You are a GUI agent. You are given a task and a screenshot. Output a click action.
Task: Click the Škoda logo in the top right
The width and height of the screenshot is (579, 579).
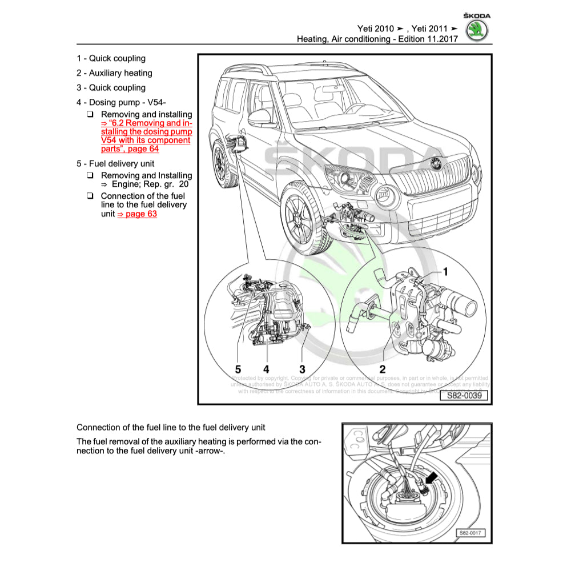pyautogui.click(x=477, y=30)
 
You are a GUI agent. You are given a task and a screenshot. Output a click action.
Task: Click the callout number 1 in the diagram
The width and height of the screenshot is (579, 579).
pyautogui.click(x=446, y=272)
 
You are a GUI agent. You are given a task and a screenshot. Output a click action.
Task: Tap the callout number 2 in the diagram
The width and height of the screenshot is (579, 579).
pyautogui.click(x=383, y=369)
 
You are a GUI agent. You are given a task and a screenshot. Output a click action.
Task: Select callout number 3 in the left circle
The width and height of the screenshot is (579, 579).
pyautogui.click(x=303, y=369)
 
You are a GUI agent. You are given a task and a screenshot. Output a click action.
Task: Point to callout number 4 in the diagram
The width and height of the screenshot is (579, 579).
pyautogui.click(x=266, y=369)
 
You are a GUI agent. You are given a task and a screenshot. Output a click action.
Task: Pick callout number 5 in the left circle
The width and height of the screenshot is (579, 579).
pyautogui.click(x=238, y=369)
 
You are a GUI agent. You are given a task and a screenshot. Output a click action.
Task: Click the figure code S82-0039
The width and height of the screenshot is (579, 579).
pyautogui.click(x=464, y=395)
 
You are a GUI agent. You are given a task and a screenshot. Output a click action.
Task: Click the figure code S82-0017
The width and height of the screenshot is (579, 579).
pyautogui.click(x=469, y=533)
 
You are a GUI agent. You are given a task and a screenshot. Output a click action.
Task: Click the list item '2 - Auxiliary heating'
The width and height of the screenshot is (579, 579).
pyautogui.click(x=114, y=73)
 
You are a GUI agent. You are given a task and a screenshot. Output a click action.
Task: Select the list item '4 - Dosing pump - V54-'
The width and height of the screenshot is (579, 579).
pyautogui.click(x=121, y=102)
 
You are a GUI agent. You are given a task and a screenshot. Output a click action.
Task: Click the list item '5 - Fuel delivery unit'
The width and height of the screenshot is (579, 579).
pyautogui.click(x=115, y=163)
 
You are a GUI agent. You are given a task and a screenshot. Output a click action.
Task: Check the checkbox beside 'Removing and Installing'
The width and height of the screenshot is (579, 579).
pyautogui.click(x=90, y=175)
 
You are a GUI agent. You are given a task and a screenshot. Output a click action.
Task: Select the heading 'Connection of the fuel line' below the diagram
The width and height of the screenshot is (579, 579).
pyautogui.click(x=171, y=427)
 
